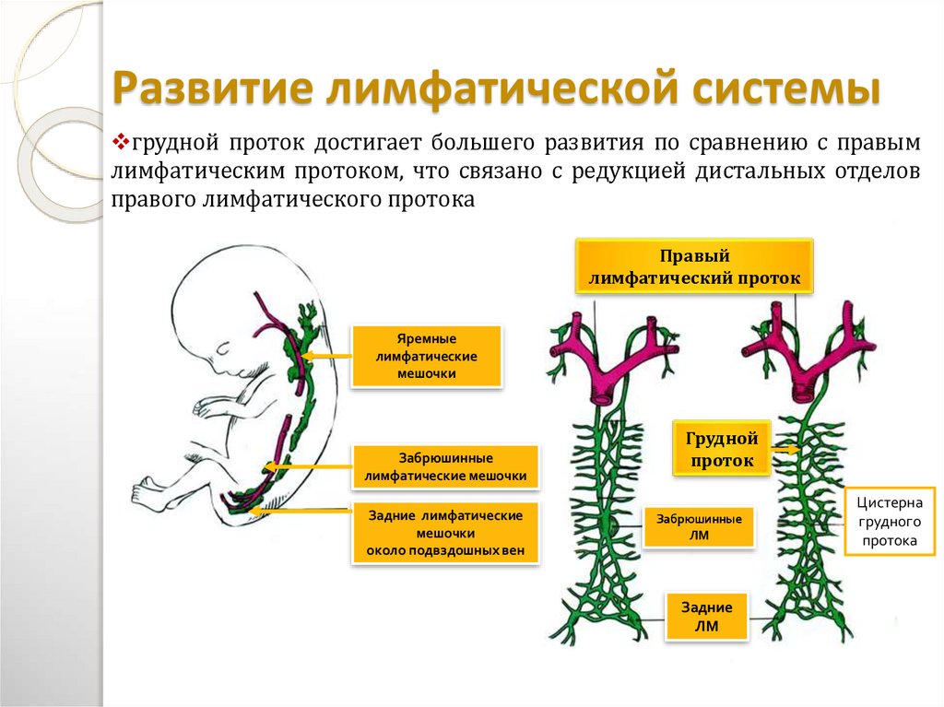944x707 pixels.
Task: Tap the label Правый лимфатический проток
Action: coord(694,266)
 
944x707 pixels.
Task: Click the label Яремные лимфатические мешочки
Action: coord(427,356)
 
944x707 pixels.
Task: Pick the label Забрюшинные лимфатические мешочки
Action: coord(445,466)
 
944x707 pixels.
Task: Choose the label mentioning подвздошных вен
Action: coord(445,533)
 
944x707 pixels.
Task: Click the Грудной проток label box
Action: coord(721,448)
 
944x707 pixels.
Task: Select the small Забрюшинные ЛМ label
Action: coord(698,526)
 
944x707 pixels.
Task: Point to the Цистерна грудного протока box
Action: coord(890,522)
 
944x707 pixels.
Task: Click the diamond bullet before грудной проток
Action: coord(120,144)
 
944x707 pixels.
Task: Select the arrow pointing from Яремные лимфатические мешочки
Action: coord(327,355)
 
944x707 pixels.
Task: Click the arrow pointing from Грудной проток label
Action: coord(785,449)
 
